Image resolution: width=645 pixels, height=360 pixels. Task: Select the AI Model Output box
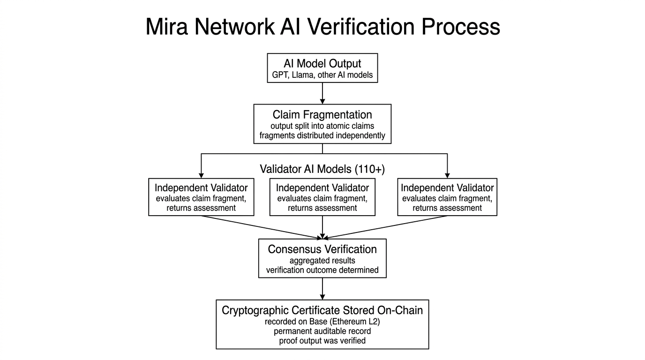(322, 68)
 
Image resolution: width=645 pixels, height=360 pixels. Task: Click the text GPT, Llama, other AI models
(322, 75)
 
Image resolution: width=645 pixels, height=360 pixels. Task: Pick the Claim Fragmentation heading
(322, 115)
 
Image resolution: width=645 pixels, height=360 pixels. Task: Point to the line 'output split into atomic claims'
(322, 126)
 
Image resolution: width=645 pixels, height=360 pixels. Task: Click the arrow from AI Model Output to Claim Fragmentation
(322, 93)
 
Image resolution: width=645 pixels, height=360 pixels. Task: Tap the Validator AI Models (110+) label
(322, 169)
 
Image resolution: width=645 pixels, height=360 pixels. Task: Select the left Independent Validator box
(201, 197)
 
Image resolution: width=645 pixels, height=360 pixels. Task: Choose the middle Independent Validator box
(322, 197)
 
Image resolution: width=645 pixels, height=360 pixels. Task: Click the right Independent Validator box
(447, 197)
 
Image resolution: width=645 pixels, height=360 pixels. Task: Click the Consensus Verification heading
(322, 249)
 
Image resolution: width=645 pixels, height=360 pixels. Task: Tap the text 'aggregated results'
(322, 261)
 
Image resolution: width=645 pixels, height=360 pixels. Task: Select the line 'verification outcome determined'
(322, 270)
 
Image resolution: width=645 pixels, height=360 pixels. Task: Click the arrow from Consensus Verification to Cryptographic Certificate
(322, 289)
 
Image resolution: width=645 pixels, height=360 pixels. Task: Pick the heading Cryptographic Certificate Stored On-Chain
(322, 310)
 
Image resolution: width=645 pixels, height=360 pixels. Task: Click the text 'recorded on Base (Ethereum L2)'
(322, 322)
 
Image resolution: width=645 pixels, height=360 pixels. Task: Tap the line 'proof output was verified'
(322, 341)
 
